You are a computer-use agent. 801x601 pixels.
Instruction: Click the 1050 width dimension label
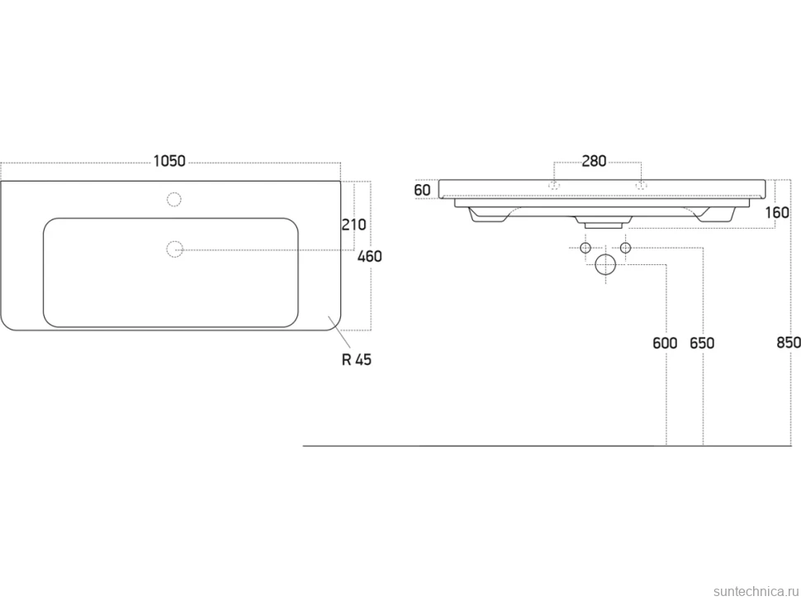tap(169, 161)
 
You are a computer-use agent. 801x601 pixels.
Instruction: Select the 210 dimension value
tap(354, 225)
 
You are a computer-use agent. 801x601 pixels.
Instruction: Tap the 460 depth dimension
tap(370, 256)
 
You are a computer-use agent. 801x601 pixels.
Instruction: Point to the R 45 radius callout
tap(357, 360)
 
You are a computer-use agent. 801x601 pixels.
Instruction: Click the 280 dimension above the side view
tap(594, 161)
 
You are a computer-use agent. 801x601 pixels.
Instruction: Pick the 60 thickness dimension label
tap(423, 190)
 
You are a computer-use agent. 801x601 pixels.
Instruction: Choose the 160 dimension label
tap(777, 212)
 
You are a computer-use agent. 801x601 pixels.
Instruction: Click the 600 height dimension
tap(665, 343)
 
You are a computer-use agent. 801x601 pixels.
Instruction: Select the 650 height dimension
tap(702, 343)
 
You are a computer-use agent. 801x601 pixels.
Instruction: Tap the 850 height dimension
tap(789, 343)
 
